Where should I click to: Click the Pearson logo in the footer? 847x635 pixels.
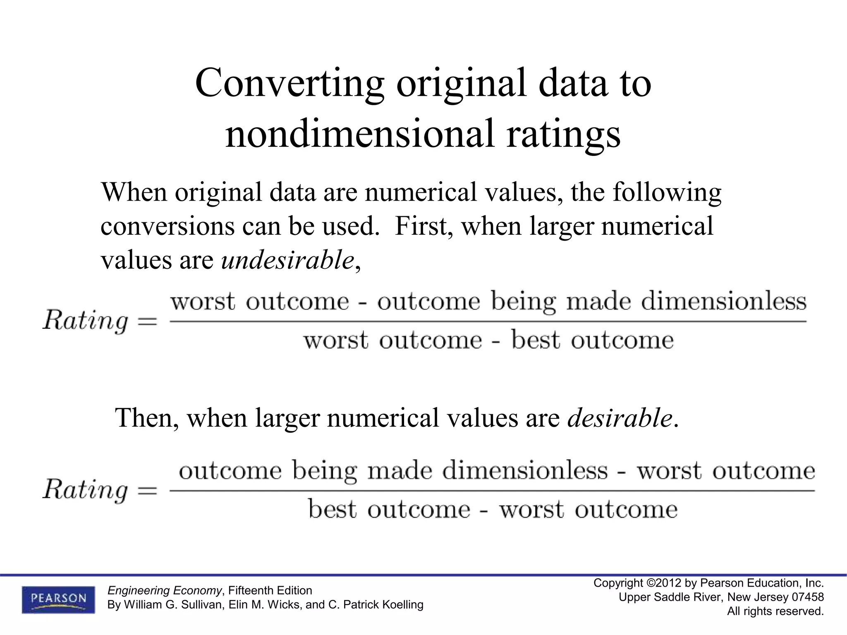58,599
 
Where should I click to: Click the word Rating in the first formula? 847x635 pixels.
86,321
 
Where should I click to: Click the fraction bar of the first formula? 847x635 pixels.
488,321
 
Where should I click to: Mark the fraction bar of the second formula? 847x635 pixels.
492,491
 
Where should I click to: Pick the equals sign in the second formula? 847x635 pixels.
147,491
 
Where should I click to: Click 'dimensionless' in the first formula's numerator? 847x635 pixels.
723,301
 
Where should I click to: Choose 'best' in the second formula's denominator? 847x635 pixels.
332,510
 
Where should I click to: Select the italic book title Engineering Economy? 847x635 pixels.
165,590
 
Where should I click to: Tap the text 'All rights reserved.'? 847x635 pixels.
775,611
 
